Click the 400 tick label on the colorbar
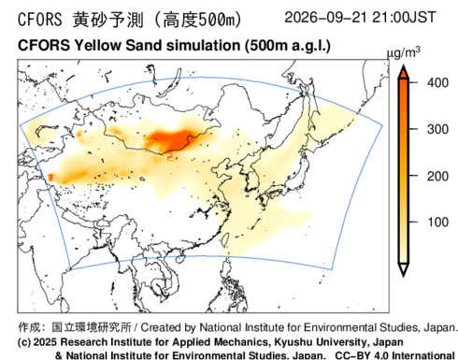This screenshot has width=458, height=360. (437, 83)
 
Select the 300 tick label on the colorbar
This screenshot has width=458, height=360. (437, 129)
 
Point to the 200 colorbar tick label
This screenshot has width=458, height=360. (437, 176)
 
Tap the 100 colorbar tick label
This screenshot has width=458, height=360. (437, 223)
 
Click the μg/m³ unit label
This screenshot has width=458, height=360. (403, 52)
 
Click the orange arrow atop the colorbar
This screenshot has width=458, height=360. (404, 72)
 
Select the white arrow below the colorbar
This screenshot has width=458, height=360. (404, 269)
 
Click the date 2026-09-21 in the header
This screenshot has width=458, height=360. (325, 17)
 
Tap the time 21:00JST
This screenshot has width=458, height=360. (404, 17)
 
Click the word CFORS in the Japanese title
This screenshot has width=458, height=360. (40, 20)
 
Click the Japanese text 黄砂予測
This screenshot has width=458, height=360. (108, 20)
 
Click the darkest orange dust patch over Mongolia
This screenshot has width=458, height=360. (171, 140)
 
